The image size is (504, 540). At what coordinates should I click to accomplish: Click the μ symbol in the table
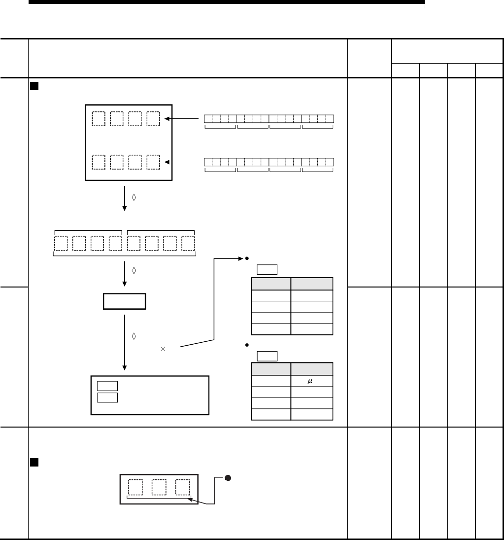click(x=311, y=381)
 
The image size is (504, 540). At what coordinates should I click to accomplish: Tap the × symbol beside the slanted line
click(x=163, y=349)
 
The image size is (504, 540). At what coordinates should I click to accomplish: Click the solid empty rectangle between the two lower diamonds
click(x=124, y=301)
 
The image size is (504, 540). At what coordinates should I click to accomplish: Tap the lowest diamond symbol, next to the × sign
click(x=134, y=336)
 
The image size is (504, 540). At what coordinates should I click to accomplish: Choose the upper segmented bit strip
click(x=269, y=119)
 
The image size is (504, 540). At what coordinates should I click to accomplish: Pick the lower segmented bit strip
click(x=269, y=162)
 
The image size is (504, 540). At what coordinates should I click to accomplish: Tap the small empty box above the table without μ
click(x=267, y=269)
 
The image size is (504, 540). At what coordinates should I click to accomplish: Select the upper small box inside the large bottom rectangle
click(x=107, y=386)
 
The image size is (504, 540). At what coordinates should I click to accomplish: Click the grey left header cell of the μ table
click(x=270, y=369)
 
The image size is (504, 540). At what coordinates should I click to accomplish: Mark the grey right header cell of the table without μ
click(x=311, y=284)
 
